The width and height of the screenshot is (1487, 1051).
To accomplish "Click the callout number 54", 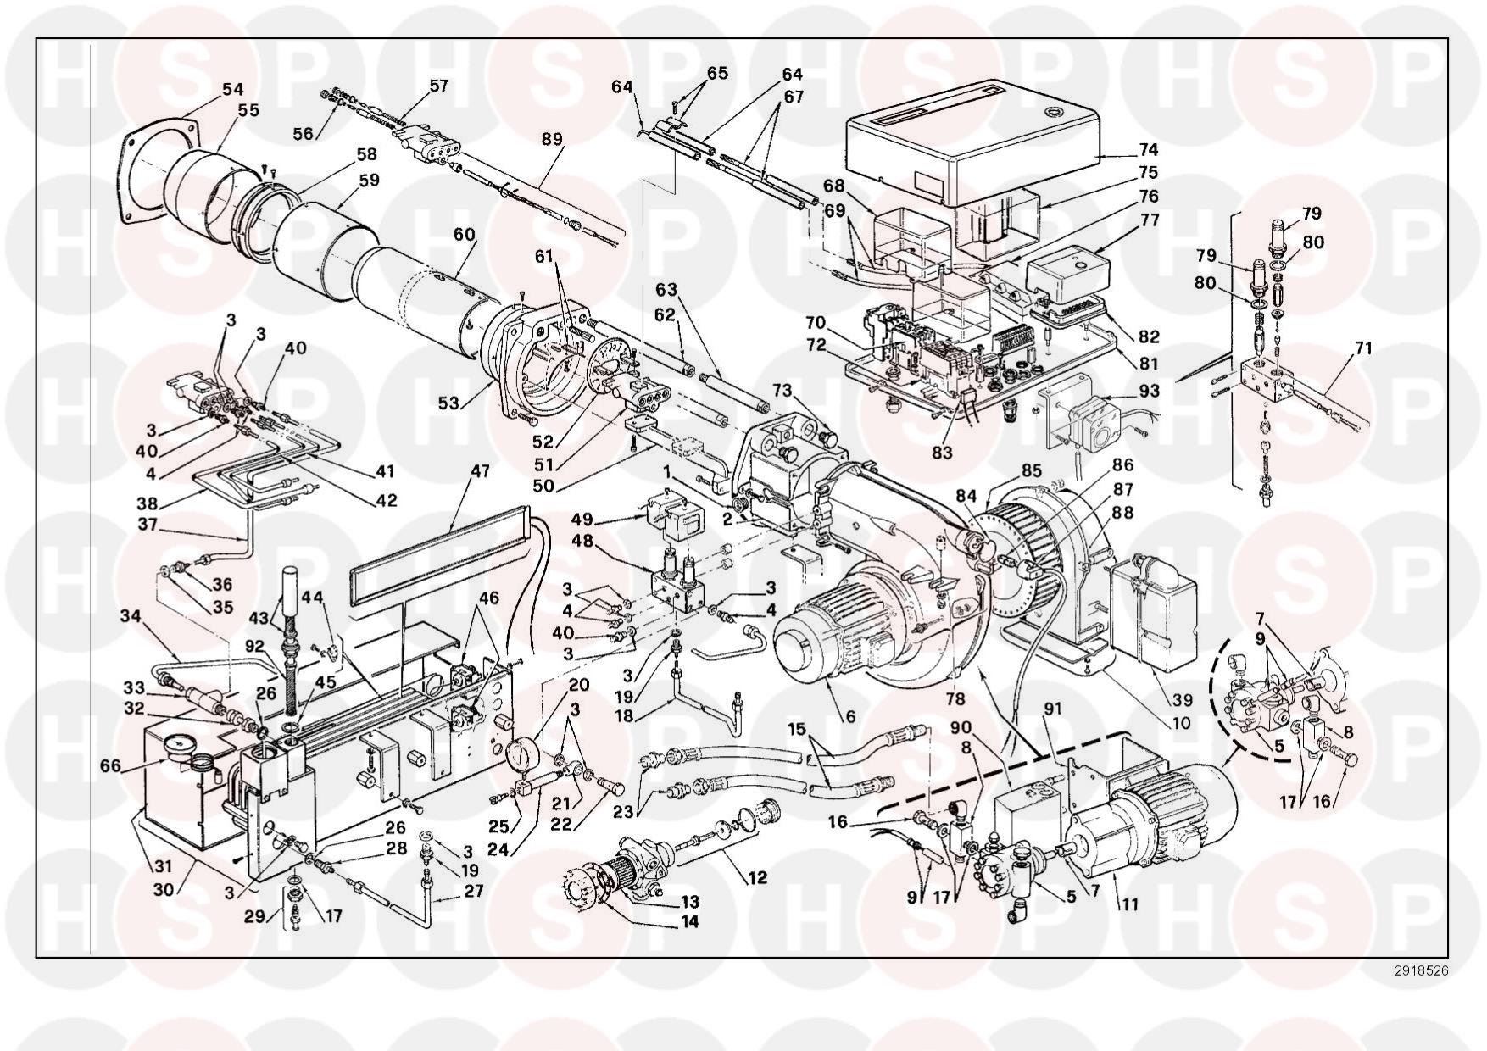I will point(232,89).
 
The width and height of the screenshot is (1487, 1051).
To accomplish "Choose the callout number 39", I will point(1182,700).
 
